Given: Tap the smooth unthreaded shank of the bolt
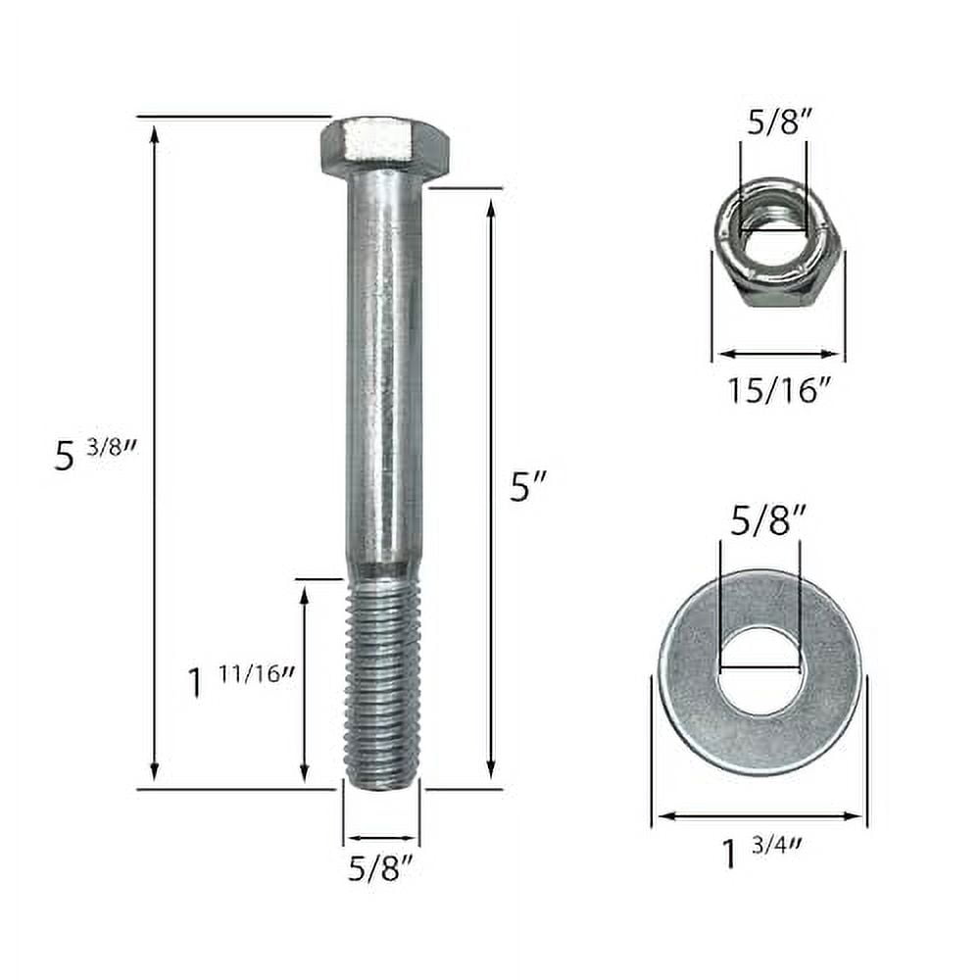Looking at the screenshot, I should [384, 372].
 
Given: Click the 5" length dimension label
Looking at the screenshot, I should [527, 486].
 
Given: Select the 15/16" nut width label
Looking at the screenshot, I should [779, 390].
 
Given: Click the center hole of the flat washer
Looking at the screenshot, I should [760, 671].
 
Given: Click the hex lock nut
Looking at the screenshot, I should [777, 243].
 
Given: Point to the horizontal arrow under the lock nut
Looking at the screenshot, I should [778, 354].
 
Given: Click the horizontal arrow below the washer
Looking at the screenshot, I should [759, 815].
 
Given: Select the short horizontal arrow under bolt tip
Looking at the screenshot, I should [380, 839].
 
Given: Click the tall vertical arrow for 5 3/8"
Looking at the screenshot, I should [154, 451].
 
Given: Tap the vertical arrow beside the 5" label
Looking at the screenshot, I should [490, 486].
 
